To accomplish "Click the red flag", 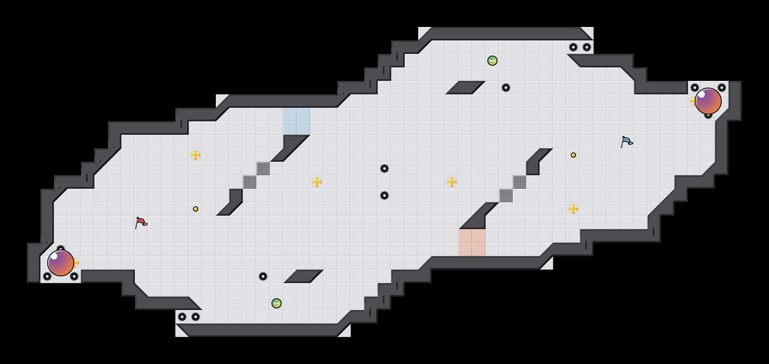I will click(x=141, y=222).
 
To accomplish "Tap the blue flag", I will click(x=627, y=142).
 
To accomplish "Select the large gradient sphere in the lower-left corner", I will click(x=61, y=263).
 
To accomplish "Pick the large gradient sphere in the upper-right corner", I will click(x=708, y=101).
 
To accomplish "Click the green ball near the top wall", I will click(x=492, y=61).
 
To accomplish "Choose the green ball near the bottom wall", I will click(x=277, y=303).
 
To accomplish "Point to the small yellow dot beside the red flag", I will click(x=196, y=209).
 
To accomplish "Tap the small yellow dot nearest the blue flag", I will click(x=573, y=155).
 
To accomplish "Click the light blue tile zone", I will click(x=297, y=121).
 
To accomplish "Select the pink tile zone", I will click(x=472, y=243).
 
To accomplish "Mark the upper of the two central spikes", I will click(x=384, y=169).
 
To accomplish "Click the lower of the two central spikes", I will click(x=384, y=195).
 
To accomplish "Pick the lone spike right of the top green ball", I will click(x=506, y=88).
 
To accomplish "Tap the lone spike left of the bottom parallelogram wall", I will click(x=263, y=276).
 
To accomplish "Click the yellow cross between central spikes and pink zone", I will click(x=452, y=182).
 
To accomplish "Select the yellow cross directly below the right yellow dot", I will click(x=573, y=209).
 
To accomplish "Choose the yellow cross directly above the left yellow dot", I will click(x=196, y=155).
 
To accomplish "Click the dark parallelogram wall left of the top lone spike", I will click(x=465, y=88).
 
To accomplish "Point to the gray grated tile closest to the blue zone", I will click(x=263, y=169).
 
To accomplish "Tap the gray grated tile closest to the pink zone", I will click(x=506, y=195).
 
